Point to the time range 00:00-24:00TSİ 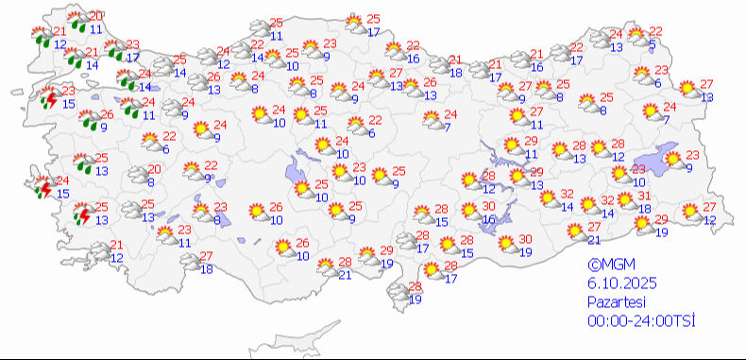(x=639, y=322)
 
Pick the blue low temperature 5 (x=653, y=44)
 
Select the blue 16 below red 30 (x=488, y=219)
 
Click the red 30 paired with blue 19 (x=525, y=238)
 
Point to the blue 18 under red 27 (x=207, y=269)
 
